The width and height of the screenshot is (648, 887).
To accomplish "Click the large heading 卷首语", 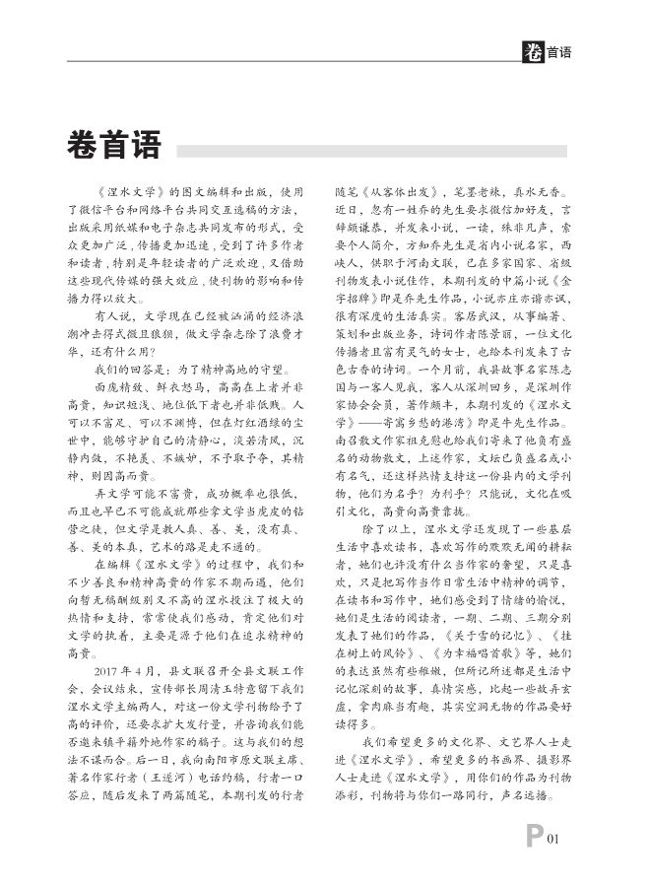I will click(113, 147).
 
